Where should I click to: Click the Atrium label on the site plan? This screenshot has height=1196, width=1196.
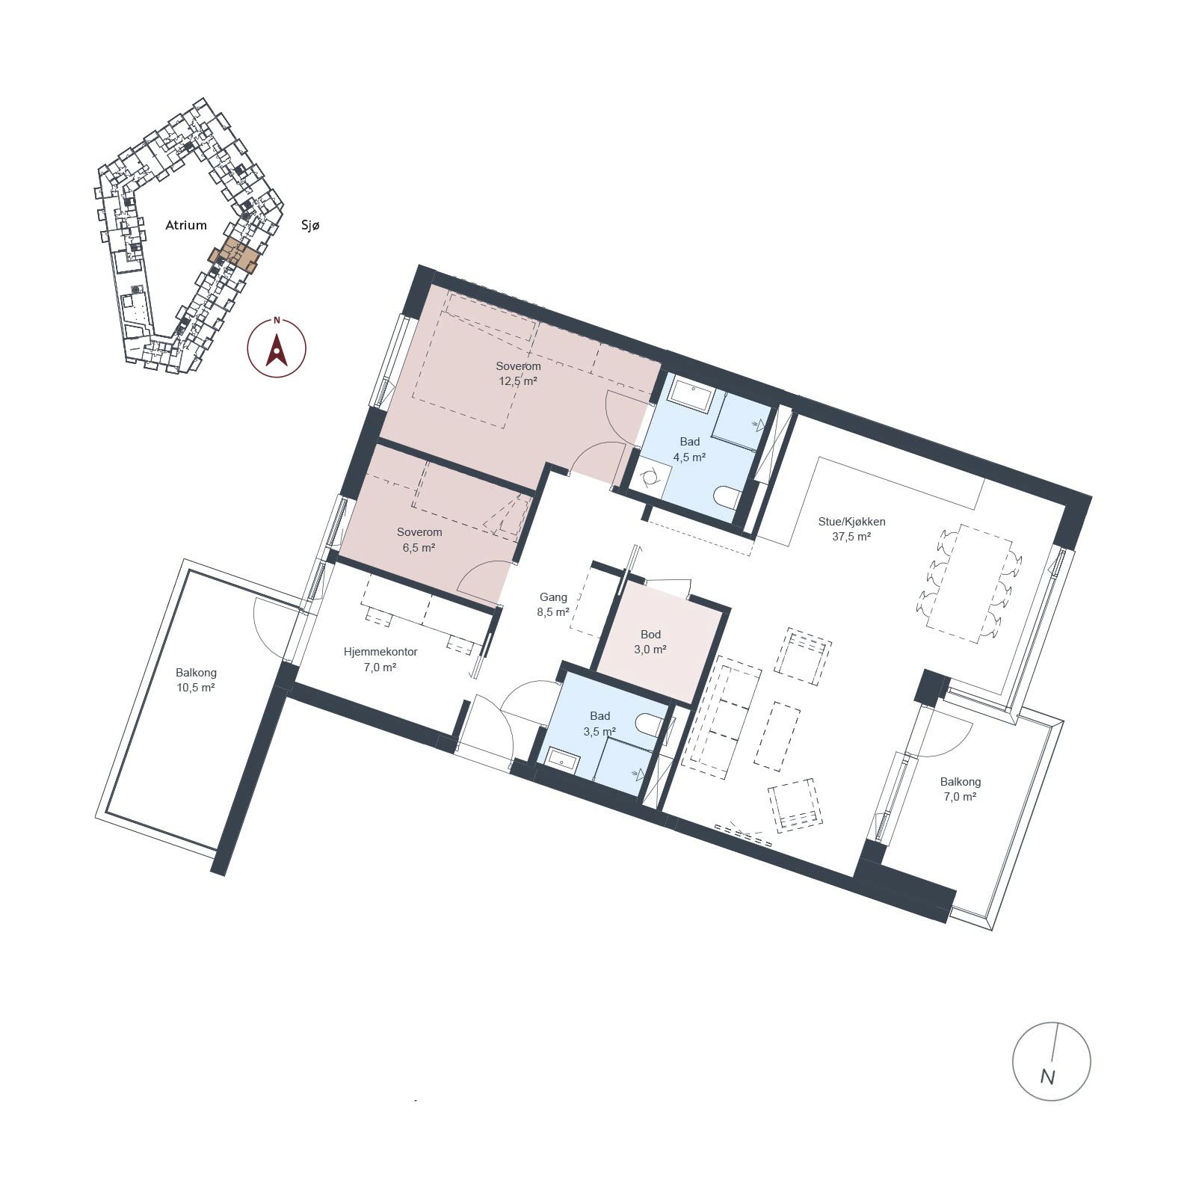click(186, 225)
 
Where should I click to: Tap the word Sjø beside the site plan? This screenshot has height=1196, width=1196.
click(309, 225)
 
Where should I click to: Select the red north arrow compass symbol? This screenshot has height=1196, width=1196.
click(277, 347)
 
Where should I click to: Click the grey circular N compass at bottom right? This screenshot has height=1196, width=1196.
click(1051, 1061)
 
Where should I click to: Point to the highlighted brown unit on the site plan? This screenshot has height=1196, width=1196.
click(235, 256)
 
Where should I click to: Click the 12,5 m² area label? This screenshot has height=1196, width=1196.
click(518, 380)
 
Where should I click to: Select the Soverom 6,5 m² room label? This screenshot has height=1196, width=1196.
click(419, 540)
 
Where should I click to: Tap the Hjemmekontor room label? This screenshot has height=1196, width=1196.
click(380, 652)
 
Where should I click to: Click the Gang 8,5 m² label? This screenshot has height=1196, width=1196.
click(553, 605)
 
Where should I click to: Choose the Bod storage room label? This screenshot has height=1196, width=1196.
click(650, 635)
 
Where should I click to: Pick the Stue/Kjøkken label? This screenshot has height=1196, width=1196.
click(851, 522)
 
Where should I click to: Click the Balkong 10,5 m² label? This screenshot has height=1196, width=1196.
click(196, 680)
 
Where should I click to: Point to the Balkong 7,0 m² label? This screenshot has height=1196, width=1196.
click(961, 789)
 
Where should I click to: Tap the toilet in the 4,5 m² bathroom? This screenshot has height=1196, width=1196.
click(727, 496)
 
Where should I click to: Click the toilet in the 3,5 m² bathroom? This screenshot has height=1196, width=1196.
click(649, 724)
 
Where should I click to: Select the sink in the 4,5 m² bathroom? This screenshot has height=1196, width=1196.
click(691, 392)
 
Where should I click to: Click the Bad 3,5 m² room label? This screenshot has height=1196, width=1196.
click(599, 724)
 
